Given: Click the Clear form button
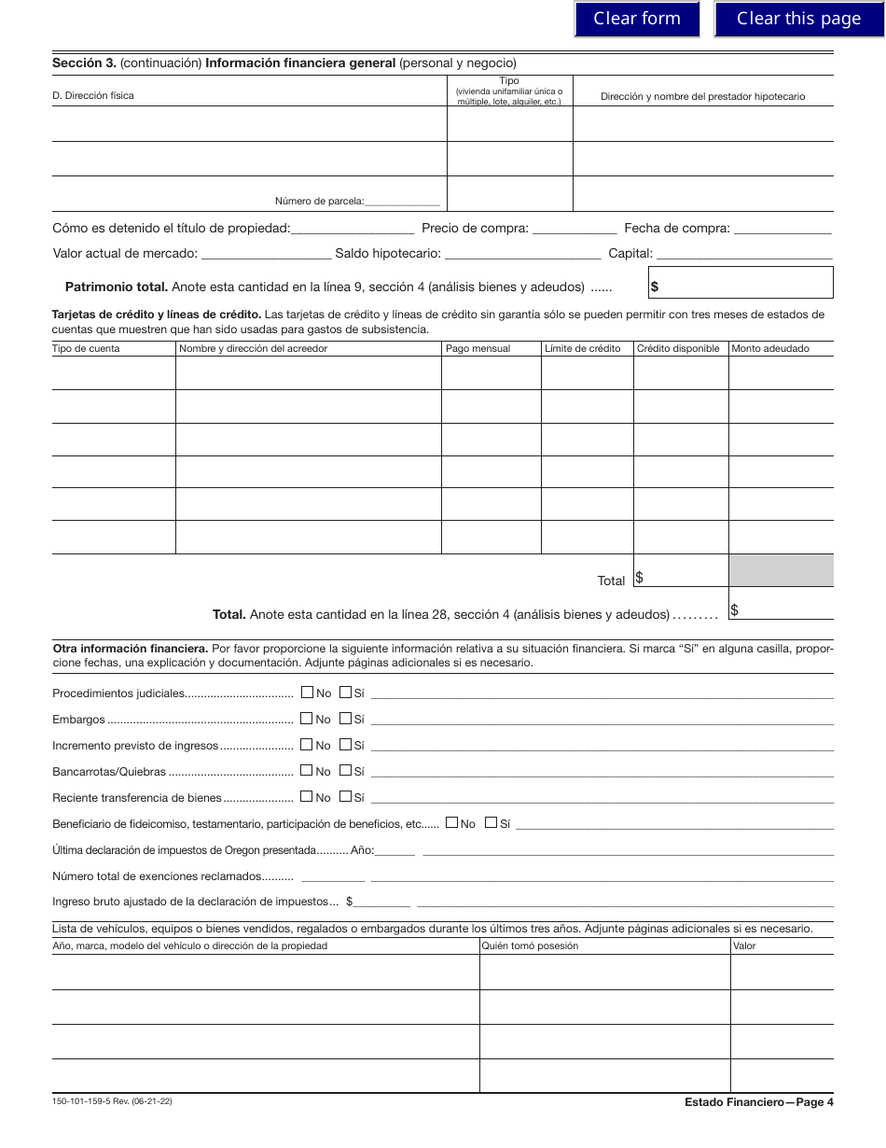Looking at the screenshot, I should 637,19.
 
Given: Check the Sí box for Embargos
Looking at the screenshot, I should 345,719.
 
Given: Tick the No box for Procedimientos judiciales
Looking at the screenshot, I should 307,693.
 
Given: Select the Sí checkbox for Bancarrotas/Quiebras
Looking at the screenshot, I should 345,771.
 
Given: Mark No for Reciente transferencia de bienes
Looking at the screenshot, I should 307,797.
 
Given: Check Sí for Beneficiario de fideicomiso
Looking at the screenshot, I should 491,823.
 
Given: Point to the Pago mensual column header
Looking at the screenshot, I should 478,348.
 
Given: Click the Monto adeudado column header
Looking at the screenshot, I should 770,348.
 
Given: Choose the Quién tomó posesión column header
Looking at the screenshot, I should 530,945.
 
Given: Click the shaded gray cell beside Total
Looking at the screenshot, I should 781,570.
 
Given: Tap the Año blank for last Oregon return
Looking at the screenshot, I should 395,851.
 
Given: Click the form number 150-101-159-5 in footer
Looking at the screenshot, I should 112,1101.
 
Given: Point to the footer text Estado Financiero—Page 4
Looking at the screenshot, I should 758,1102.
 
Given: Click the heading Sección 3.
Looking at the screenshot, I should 84,63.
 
